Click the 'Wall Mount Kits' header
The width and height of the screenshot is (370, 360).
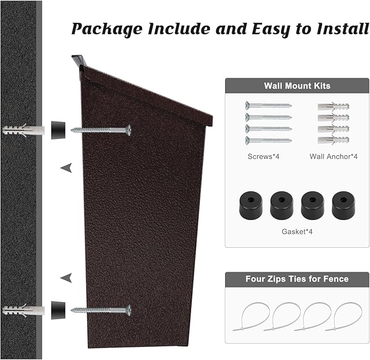297,86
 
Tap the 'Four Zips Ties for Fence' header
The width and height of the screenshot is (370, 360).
297,279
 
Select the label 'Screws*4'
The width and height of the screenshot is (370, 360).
260,156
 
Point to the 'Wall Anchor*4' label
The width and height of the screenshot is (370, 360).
333,156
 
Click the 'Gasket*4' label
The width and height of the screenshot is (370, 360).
297,231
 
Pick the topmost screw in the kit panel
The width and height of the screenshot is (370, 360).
268,105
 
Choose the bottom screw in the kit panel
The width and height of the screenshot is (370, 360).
268,140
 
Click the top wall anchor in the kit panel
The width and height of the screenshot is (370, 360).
333,106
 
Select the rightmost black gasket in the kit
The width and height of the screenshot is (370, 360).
343,204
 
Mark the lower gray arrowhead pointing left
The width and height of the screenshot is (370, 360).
66,278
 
